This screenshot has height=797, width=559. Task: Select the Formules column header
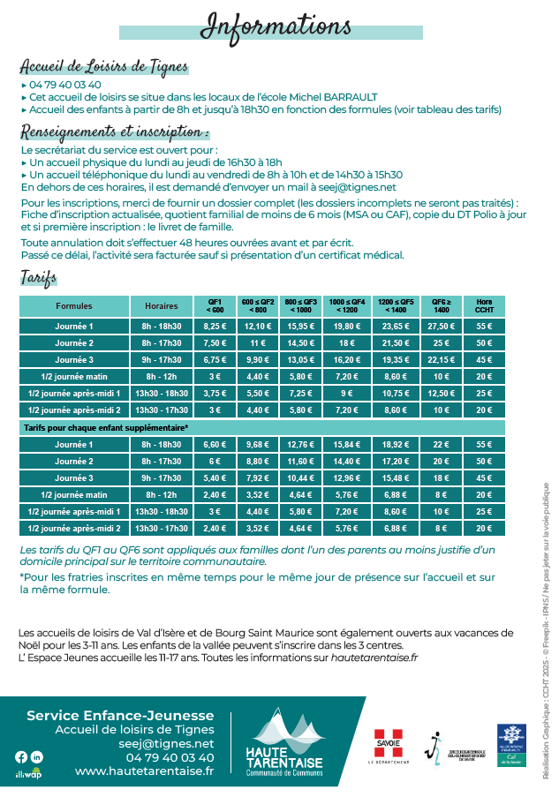pyautogui.click(x=74, y=306)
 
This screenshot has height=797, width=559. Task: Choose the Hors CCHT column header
pyautogui.click(x=484, y=306)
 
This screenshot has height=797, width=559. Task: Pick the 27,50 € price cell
pyautogui.click(x=441, y=327)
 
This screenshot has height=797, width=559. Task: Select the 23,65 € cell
pyautogui.click(x=396, y=327)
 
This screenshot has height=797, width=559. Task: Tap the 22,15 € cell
pyautogui.click(x=441, y=359)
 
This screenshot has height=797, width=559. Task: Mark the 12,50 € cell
pyautogui.click(x=441, y=393)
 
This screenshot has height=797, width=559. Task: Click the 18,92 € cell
pyautogui.click(x=396, y=444)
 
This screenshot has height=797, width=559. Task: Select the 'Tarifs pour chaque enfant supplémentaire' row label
pyautogui.click(x=105, y=427)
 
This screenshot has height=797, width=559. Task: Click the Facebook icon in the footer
pyautogui.click(x=21, y=756)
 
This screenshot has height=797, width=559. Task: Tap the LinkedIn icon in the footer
pyautogui.click(x=36, y=756)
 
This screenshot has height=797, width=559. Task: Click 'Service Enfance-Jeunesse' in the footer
pyautogui.click(x=120, y=715)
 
